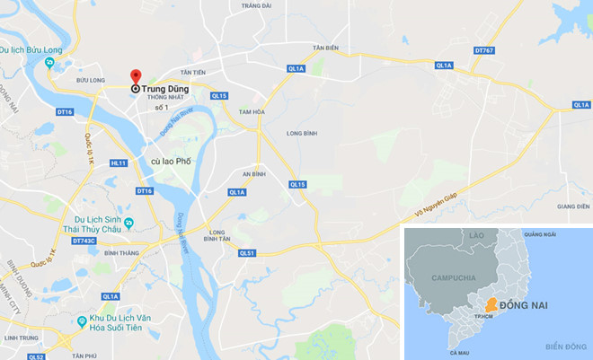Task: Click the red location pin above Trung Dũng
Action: pyautogui.click(x=135, y=75)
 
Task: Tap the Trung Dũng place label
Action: pyautogui.click(x=164, y=89)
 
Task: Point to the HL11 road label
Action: pyautogui.click(x=118, y=163)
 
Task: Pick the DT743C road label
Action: pyautogui.click(x=84, y=241)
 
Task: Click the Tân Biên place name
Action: pyautogui.click(x=324, y=47)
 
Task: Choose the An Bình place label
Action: pyautogui.click(x=254, y=174)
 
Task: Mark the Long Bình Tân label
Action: pyautogui.click(x=218, y=235)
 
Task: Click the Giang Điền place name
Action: pyautogui.click(x=572, y=206)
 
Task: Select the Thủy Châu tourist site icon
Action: pyautogui.click(x=130, y=224)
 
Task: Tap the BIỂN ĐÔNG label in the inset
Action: pyautogui.click(x=565, y=346)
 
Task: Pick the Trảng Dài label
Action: pyautogui.click(x=257, y=5)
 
